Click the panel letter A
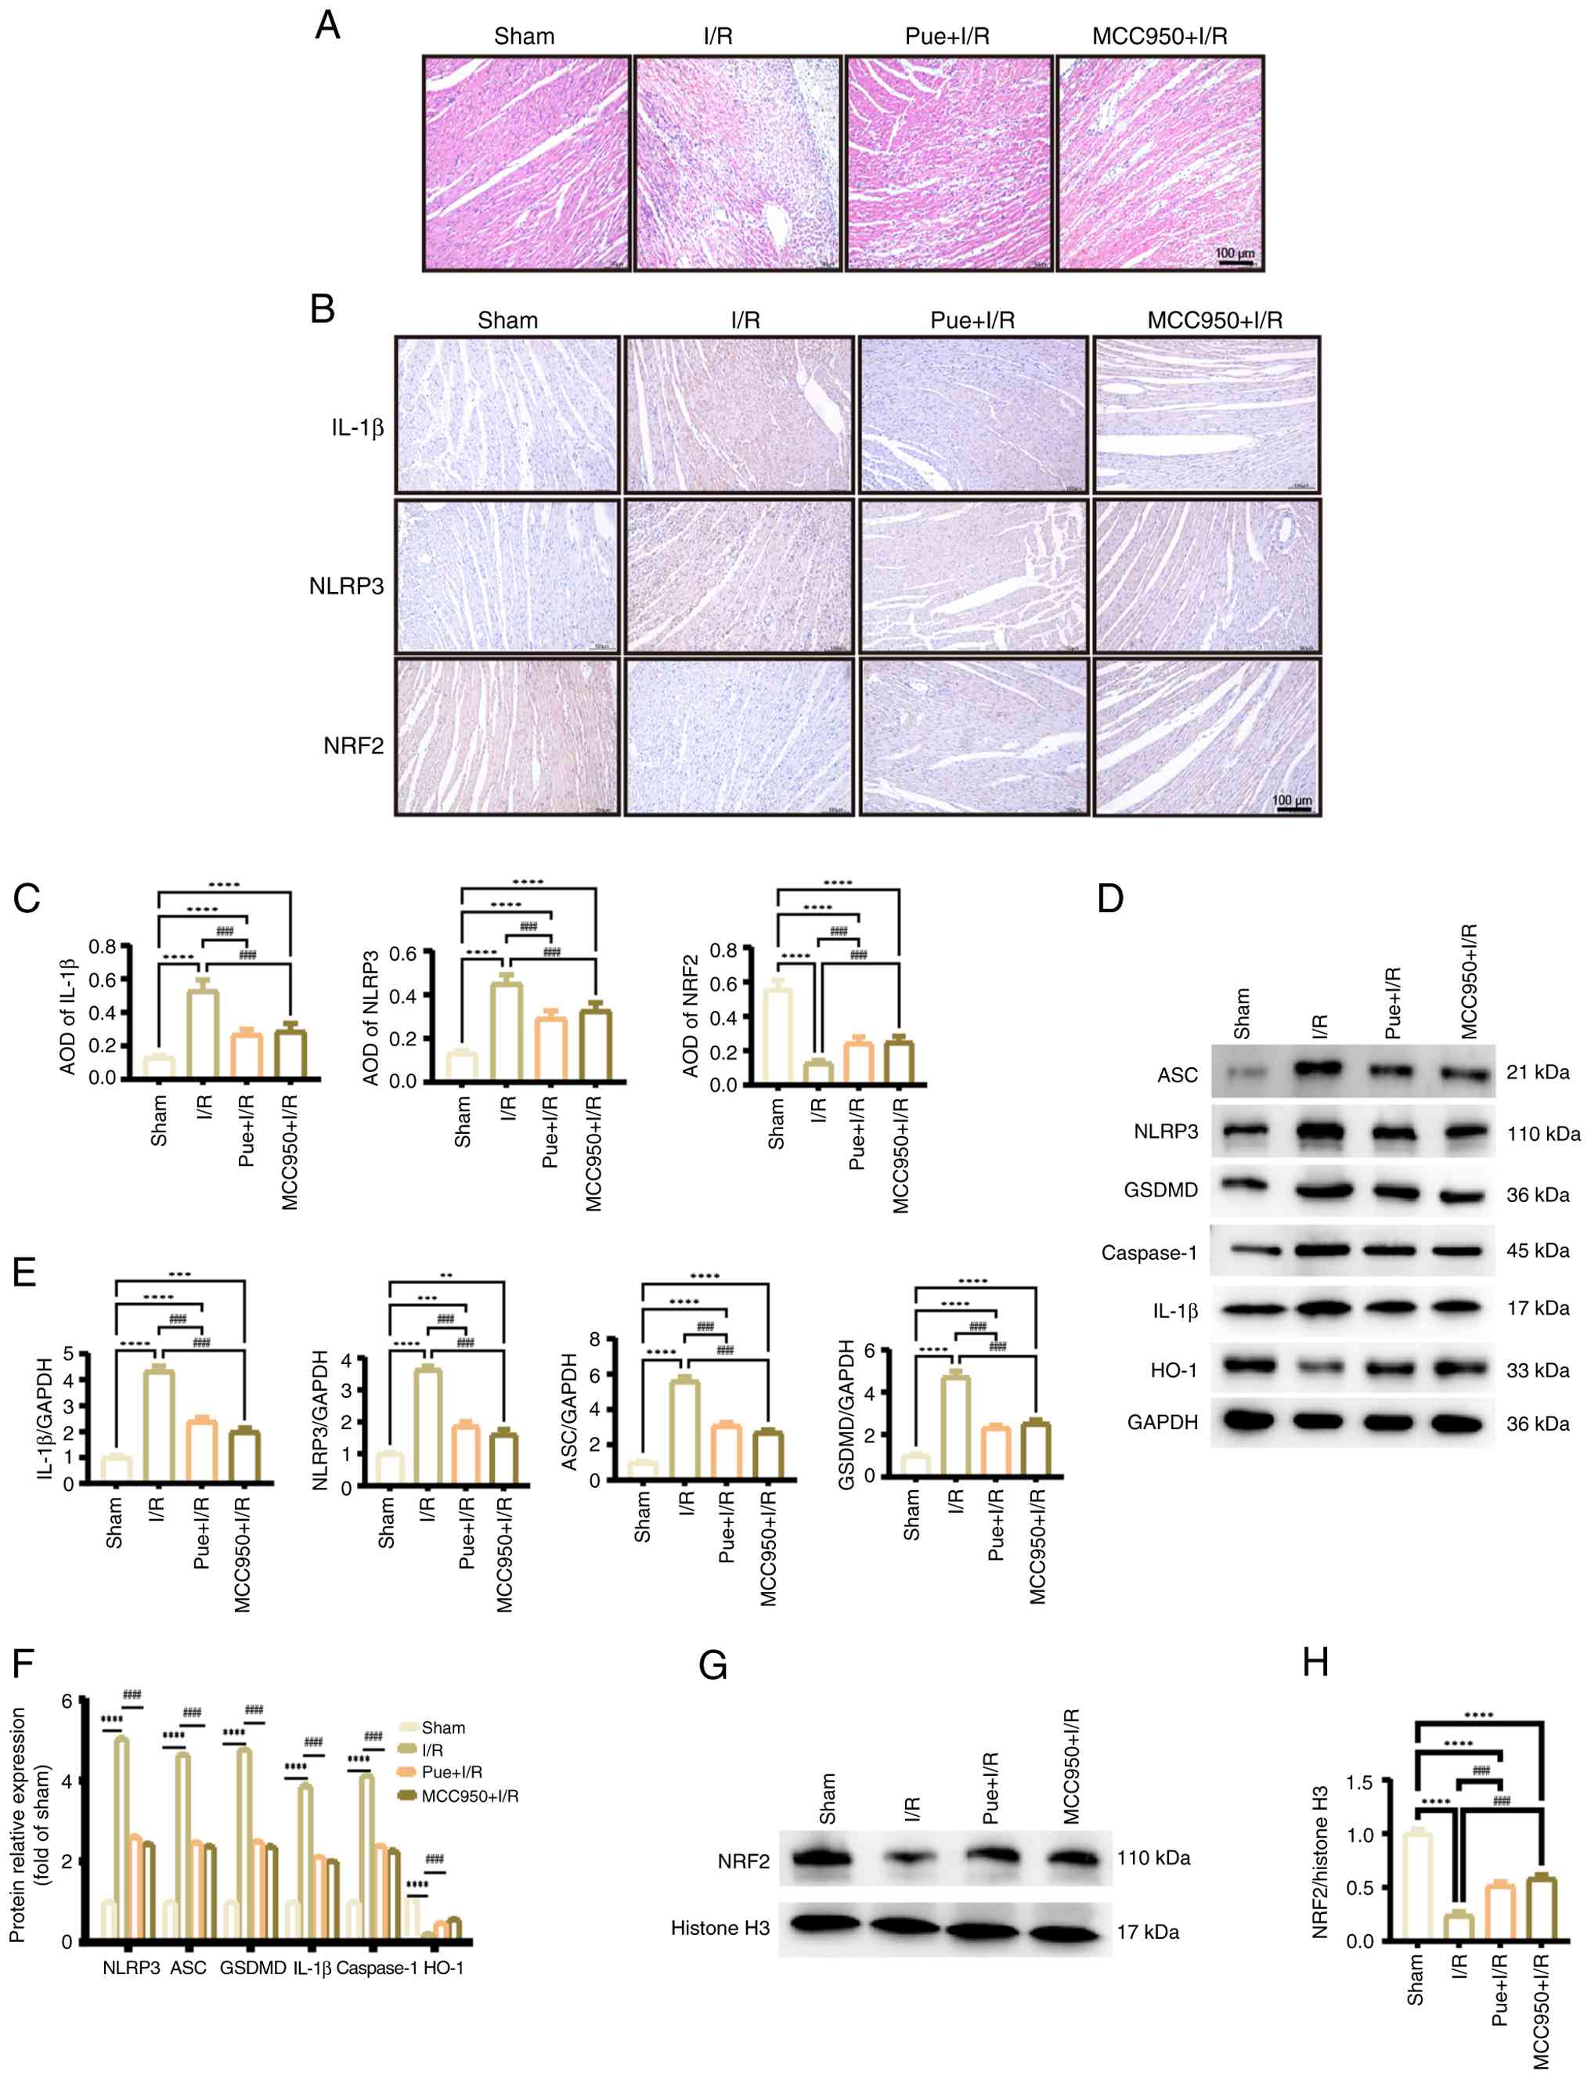pos(326,26)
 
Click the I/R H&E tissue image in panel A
pos(738,163)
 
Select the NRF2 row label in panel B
pos(353,745)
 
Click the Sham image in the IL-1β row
pos(507,414)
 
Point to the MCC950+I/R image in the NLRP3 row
pos(1207,576)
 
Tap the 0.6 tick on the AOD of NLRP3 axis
pos(403,953)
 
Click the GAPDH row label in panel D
pos(1162,1423)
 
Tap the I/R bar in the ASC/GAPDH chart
pos(684,1429)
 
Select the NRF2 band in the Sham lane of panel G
pos(823,1858)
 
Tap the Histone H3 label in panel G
pos(720,1927)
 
